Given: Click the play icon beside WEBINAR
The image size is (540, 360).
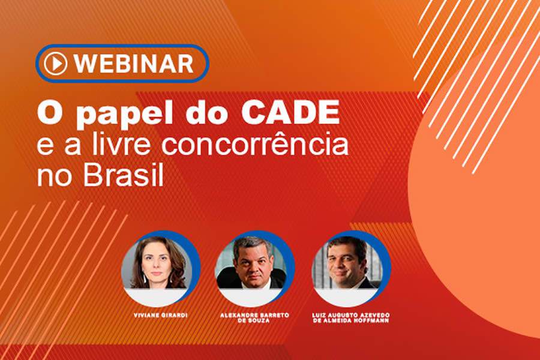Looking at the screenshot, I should pos(55,63).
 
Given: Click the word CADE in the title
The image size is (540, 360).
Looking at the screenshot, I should pos(298,115).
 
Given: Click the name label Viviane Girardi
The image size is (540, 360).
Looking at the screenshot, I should pos(157,315).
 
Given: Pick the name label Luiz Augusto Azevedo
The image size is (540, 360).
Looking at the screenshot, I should pos(352,315).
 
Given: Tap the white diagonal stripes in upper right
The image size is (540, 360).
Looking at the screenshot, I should pos(474,60).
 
